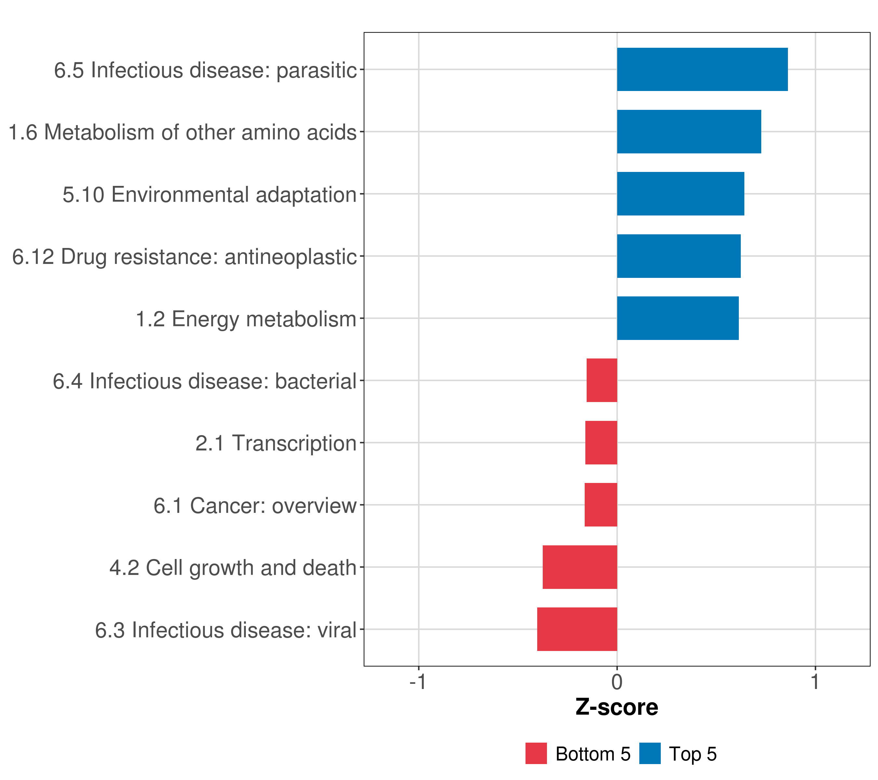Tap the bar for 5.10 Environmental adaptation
click(x=680, y=194)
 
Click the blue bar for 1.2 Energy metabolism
click(x=678, y=318)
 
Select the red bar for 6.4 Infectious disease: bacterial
click(x=602, y=380)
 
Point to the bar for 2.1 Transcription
click(x=601, y=443)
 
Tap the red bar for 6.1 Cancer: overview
click(x=601, y=505)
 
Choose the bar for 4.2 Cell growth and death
click(x=580, y=567)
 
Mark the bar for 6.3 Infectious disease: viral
click(x=577, y=629)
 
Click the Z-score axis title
click(x=617, y=708)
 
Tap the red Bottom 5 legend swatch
click(x=536, y=754)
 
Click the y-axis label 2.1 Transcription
click(x=276, y=443)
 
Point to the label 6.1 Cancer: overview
click(x=255, y=506)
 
